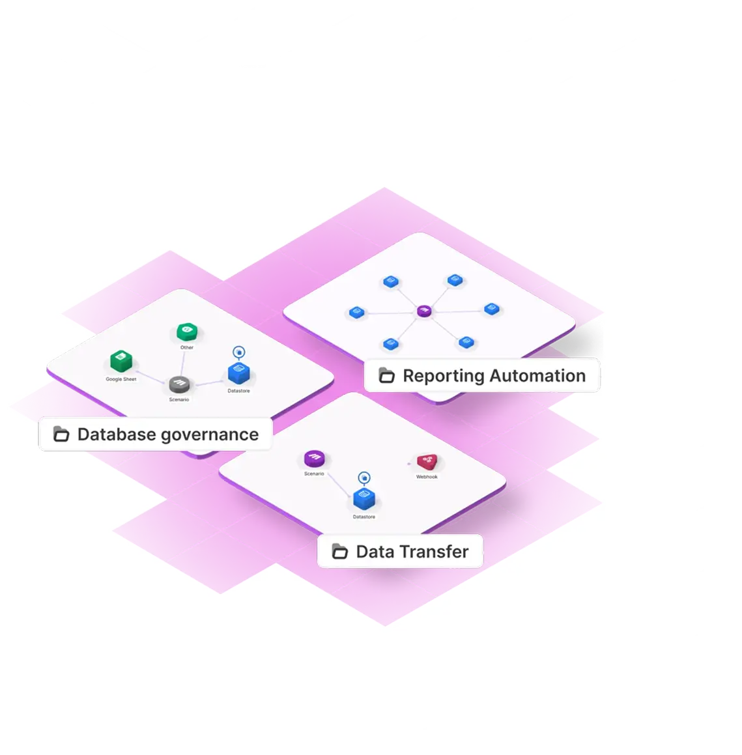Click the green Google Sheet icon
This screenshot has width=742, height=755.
click(x=121, y=361)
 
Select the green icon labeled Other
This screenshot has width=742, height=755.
click(x=186, y=332)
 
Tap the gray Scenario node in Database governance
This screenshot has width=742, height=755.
click(x=179, y=384)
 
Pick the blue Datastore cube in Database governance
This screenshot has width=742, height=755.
click(x=239, y=373)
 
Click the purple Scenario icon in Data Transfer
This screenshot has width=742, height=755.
click(x=314, y=459)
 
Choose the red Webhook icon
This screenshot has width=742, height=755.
click(x=427, y=462)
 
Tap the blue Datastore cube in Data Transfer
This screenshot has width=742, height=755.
click(x=364, y=499)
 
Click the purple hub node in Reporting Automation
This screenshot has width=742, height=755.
click(x=424, y=311)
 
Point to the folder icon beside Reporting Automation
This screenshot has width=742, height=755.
click(x=387, y=376)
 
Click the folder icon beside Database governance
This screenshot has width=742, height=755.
click(x=61, y=434)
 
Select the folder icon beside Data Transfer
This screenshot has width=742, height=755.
click(x=340, y=552)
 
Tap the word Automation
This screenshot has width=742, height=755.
click(x=537, y=376)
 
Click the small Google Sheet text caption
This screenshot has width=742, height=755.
click(x=121, y=379)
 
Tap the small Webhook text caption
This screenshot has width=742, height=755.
click(x=427, y=477)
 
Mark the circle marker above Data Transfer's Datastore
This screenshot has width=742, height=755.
click(x=364, y=477)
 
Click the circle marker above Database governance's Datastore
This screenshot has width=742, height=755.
click(x=239, y=352)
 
